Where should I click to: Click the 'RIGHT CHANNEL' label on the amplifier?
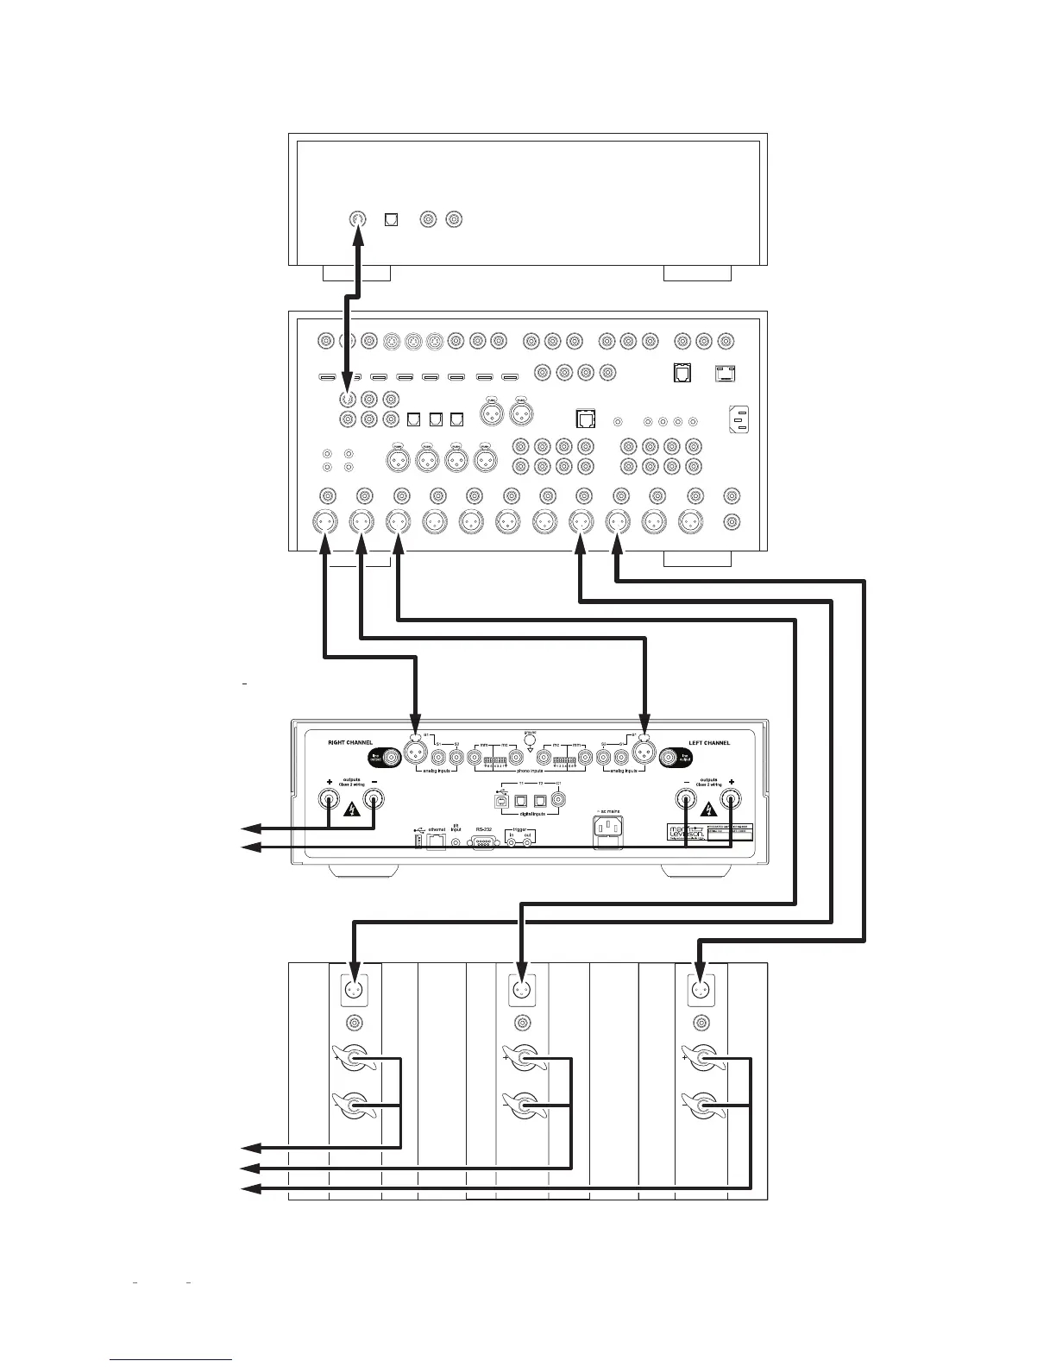(350, 742)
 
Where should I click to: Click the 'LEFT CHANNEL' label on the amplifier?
(709, 742)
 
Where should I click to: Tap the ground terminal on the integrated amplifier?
(529, 739)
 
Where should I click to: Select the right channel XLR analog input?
(416, 751)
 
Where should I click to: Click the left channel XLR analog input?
(644, 751)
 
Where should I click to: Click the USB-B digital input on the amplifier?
(501, 800)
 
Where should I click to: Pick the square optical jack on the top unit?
(391, 219)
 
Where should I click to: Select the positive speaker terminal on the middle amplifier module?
(522, 1058)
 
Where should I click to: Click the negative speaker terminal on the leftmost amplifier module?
(353, 1106)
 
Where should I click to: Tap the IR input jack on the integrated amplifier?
(456, 841)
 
